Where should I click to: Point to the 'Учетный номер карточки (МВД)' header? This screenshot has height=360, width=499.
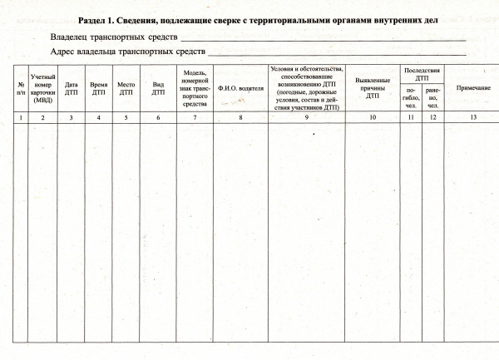click(42, 87)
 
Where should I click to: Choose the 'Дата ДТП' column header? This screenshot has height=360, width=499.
click(72, 87)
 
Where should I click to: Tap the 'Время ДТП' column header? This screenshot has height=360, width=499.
click(99, 87)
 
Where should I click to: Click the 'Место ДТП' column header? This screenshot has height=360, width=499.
click(126, 87)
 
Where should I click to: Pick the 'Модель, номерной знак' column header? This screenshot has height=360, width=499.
click(195, 87)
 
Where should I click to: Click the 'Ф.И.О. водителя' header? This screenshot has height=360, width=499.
click(240, 87)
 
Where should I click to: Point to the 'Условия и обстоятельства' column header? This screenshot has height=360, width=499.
click(306, 87)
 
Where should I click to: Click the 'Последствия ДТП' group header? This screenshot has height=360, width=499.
click(421, 72)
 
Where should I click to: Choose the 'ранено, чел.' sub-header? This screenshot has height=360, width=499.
click(432, 96)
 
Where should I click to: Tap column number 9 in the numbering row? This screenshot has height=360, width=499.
click(306, 118)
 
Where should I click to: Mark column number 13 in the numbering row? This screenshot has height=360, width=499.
click(473, 118)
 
